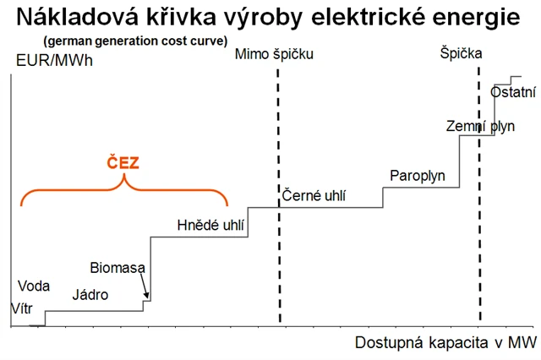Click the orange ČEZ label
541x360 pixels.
click(123, 163)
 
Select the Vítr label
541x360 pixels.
click(21, 308)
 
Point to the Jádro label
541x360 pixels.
click(90, 295)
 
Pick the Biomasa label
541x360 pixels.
click(117, 269)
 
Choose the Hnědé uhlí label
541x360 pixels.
click(210, 225)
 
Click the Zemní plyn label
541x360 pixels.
click(479, 127)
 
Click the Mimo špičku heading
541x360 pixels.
click(275, 54)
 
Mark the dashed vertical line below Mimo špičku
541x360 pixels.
click(279, 194)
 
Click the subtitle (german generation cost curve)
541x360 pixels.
click(124, 41)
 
